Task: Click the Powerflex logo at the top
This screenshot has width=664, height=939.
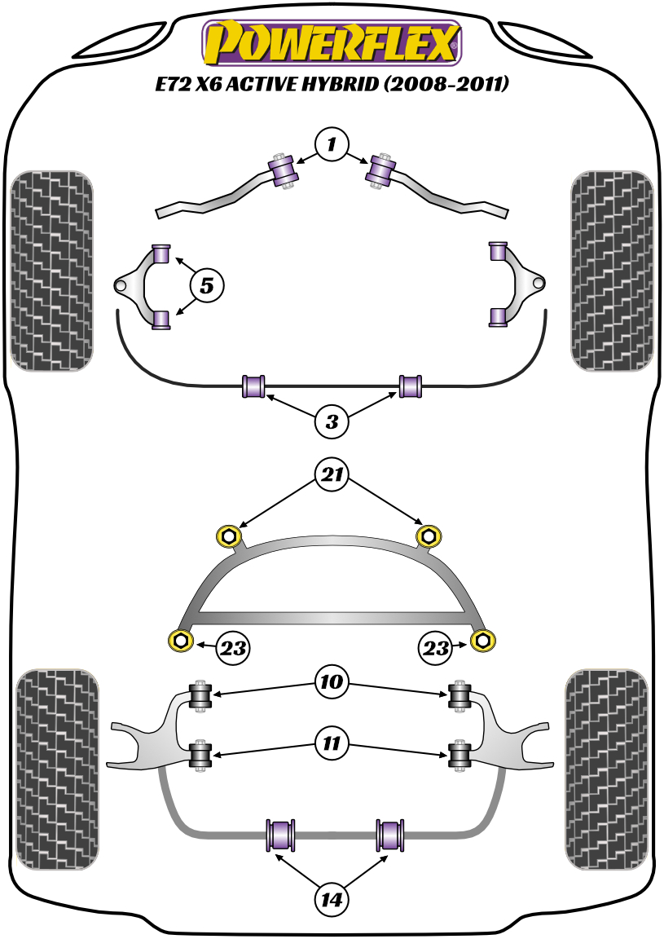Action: pos(332,42)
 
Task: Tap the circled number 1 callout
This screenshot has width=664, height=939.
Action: pos(332,146)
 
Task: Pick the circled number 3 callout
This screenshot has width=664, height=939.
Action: pos(332,421)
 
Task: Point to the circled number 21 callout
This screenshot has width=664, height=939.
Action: pos(332,475)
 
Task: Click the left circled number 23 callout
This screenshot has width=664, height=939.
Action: pos(232,649)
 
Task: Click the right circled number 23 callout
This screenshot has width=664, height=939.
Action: pos(436,649)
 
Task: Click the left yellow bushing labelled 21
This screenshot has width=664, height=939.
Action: pos(228,536)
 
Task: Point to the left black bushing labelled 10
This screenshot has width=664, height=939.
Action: pos(200,694)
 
